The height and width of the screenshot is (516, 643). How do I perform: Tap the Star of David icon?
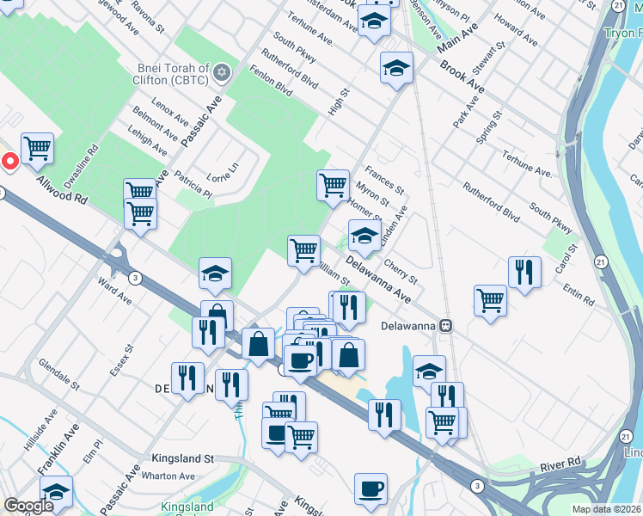point(223,71)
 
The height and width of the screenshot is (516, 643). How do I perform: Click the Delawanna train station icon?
point(446,326)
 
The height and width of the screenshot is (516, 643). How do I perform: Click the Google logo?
point(28,506)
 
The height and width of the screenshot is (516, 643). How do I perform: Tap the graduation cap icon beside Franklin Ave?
point(56,492)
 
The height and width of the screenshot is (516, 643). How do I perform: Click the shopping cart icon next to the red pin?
point(37,149)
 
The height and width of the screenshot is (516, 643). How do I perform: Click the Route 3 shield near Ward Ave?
point(135,278)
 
